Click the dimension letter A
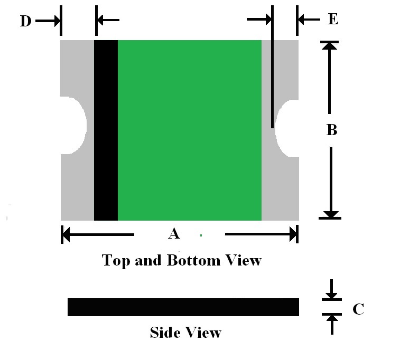coord(174,233)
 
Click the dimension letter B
coord(332,129)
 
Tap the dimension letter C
coord(358,309)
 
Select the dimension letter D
coord(26,21)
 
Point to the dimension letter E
coord(333,19)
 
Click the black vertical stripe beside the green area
coord(106,130)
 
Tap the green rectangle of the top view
coord(190,130)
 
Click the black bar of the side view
coord(183,307)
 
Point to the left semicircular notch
coord(73,125)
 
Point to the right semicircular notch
coord(287,128)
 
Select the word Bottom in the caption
coord(193,260)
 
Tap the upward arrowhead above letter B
coord(329,45)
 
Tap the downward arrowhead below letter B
coord(331,214)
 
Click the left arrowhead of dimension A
coord(66,234)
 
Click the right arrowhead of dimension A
coord(293,234)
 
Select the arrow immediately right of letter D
coord(48,21)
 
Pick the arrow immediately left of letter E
coord(309,20)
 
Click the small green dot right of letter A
coord(201,235)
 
